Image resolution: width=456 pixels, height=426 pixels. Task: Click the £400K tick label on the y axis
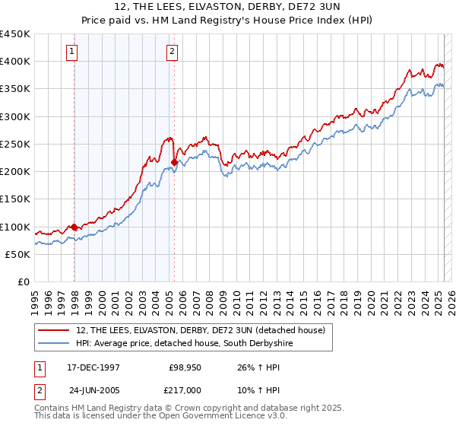(x=15, y=62)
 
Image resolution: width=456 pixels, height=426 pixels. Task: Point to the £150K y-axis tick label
(x=15, y=199)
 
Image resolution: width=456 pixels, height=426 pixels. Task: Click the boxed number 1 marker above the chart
(x=71, y=52)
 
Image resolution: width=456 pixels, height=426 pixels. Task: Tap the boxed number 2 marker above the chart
(x=173, y=52)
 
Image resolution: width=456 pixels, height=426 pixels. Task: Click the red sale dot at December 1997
(x=74, y=227)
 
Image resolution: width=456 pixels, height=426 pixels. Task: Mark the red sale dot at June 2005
(x=175, y=162)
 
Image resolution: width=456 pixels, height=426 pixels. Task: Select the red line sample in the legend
(x=55, y=330)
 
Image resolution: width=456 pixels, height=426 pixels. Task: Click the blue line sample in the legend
(x=55, y=344)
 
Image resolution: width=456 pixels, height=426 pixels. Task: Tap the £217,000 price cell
(x=185, y=389)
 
